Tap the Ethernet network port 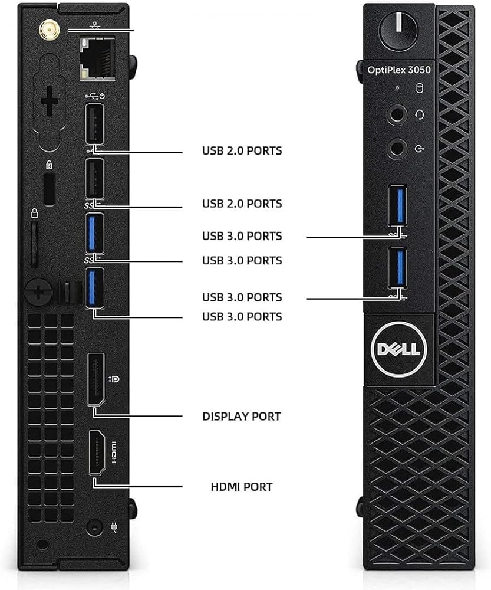point(97,58)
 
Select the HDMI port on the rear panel point(97,453)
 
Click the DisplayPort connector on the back point(95,379)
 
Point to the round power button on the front point(398,29)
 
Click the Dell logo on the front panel point(398,349)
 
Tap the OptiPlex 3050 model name point(399,70)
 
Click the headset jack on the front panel point(397,114)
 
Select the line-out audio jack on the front point(397,149)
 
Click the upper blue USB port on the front point(397,205)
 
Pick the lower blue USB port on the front point(397,267)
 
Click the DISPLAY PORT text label point(241,417)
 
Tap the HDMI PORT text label point(241,487)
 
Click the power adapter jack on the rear point(94,528)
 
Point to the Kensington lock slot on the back point(50,190)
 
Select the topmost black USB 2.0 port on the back point(95,123)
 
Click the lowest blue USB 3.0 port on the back point(95,287)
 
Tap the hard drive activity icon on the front point(419,88)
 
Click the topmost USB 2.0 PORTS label point(242,151)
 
